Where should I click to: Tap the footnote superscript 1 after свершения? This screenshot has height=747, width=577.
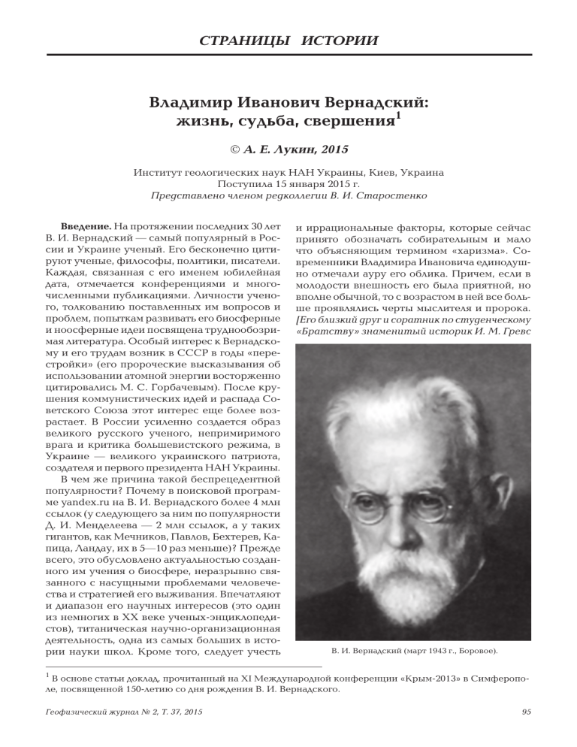(x=400, y=116)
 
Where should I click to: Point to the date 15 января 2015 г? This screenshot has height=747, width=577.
(x=307, y=183)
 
